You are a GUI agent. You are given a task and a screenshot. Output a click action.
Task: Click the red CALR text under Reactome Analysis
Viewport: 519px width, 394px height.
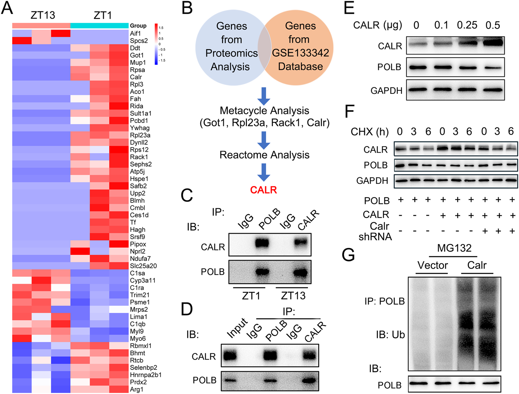[263, 190]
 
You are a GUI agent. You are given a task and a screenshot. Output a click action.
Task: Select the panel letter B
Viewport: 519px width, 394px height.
[187, 8]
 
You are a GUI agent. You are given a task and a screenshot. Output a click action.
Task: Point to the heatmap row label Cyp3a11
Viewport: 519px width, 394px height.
[143, 281]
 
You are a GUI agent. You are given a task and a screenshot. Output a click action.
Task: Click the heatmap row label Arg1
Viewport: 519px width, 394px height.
[136, 389]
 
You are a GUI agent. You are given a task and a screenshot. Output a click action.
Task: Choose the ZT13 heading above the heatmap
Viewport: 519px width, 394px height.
[43, 15]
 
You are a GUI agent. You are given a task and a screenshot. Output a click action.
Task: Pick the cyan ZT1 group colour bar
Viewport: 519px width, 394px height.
[100, 26]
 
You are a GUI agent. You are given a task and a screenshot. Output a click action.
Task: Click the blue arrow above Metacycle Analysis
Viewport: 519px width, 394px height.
[264, 96]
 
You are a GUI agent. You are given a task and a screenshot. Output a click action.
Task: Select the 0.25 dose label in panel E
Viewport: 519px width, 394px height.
[467, 25]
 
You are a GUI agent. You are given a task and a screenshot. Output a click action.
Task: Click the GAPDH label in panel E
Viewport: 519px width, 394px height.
[386, 91]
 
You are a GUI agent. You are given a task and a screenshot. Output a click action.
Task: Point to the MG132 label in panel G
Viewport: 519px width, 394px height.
[454, 248]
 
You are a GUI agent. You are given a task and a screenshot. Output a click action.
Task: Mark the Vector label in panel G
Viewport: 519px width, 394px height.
[432, 265]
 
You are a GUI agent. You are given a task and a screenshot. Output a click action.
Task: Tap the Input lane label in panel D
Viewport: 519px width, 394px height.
[237, 329]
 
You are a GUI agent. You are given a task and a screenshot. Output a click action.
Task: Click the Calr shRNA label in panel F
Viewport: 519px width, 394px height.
[376, 231]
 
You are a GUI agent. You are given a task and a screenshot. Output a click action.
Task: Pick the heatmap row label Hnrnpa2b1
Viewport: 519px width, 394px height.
[145, 375]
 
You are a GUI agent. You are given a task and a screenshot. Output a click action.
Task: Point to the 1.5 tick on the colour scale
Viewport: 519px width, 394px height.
[161, 28]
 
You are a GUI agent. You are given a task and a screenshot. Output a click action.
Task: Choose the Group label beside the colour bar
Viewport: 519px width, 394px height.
[138, 26]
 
